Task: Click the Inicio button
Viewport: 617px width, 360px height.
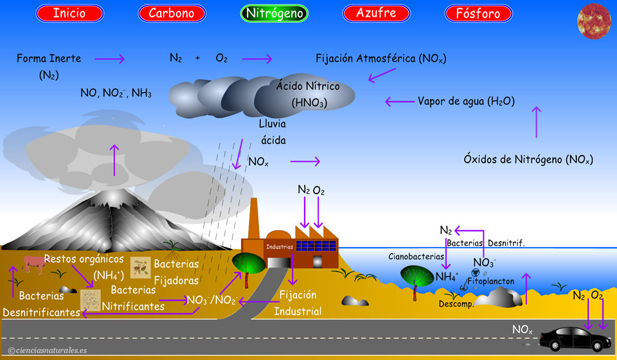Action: click(x=69, y=13)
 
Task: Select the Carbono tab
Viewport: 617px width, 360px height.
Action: click(x=172, y=13)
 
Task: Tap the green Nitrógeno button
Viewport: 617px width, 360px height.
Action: click(x=274, y=13)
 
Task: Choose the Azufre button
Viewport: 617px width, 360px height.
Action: click(x=377, y=13)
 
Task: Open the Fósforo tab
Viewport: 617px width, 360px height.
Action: click(x=478, y=13)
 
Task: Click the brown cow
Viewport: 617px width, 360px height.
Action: click(x=34, y=264)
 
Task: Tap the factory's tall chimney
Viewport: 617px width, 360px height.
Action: click(x=254, y=219)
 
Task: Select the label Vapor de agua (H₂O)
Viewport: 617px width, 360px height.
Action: click(x=466, y=101)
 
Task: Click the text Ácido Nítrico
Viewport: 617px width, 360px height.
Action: click(x=308, y=86)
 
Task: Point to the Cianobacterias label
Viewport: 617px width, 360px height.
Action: click(x=416, y=256)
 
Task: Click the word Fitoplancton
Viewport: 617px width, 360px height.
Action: click(x=490, y=281)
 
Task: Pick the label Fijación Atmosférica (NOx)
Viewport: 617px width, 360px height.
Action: click(x=380, y=59)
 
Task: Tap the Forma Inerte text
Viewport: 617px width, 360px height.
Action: click(x=49, y=59)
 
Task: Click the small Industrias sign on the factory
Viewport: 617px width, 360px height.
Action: click(x=280, y=246)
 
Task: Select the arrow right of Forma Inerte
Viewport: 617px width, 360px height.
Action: click(x=113, y=59)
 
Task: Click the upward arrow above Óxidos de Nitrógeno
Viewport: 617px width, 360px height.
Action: click(x=537, y=122)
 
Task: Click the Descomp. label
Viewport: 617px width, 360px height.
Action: click(x=456, y=303)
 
